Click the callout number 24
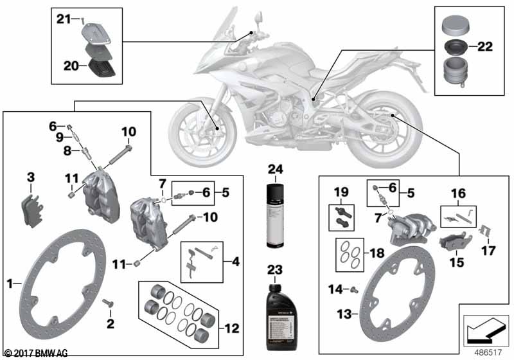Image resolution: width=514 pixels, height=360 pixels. point(275,169)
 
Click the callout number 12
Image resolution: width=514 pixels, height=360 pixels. point(232,328)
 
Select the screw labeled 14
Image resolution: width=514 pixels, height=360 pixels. point(353,289)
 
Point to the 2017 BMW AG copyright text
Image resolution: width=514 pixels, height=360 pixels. point(35,353)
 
